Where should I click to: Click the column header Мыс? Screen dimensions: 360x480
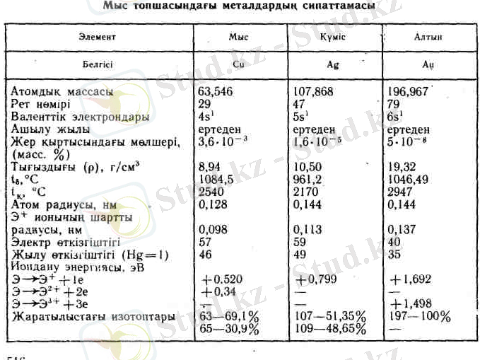tap(238, 35)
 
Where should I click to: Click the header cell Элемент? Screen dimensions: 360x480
tap(100, 35)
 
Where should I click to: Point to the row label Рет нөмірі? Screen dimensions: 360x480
tap(47, 104)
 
